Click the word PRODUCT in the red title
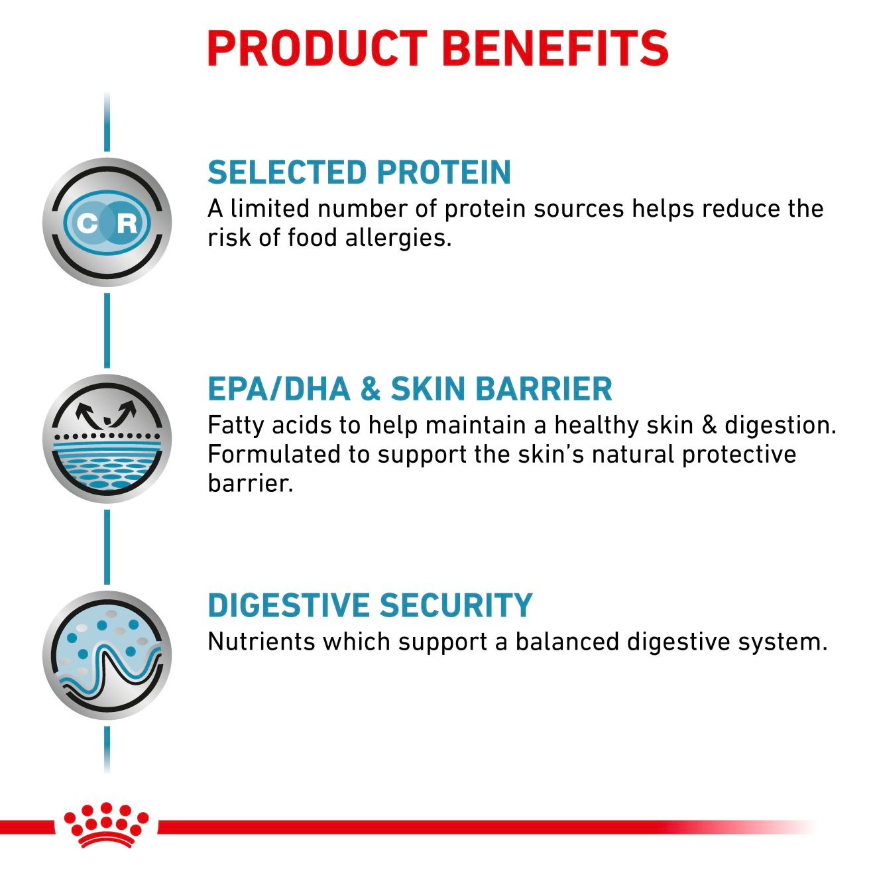tap(317, 48)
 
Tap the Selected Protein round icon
tap(107, 222)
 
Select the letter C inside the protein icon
tap(86, 223)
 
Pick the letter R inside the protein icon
tap(127, 223)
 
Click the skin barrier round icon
tap(107, 439)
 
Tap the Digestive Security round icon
tap(107, 655)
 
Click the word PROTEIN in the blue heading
tap(435, 172)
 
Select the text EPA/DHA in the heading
tap(278, 389)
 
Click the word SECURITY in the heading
tap(456, 605)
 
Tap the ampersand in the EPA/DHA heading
tap(370, 389)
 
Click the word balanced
tap(567, 642)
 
